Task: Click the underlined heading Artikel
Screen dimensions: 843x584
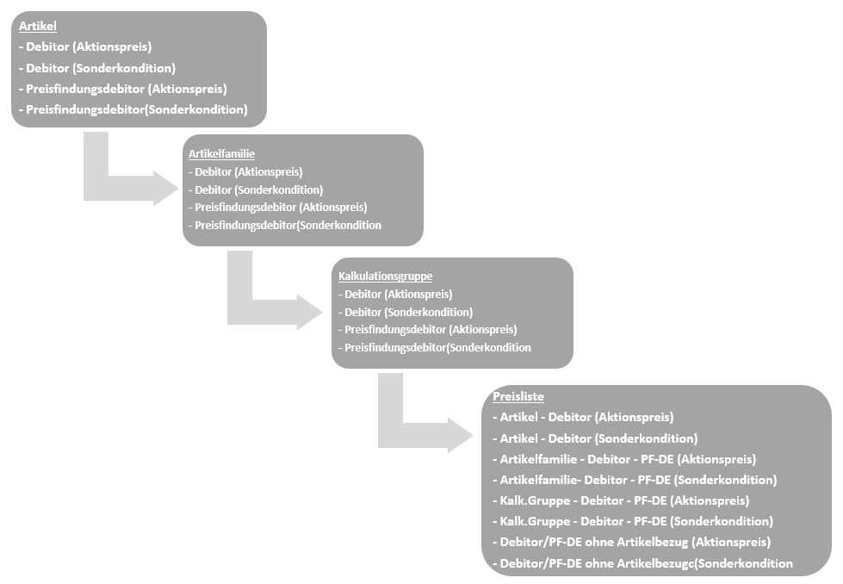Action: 38,26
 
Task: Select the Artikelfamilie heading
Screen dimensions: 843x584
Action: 221,154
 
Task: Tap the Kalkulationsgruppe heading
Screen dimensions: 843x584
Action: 386,276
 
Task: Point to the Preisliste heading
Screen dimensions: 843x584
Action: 518,397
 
